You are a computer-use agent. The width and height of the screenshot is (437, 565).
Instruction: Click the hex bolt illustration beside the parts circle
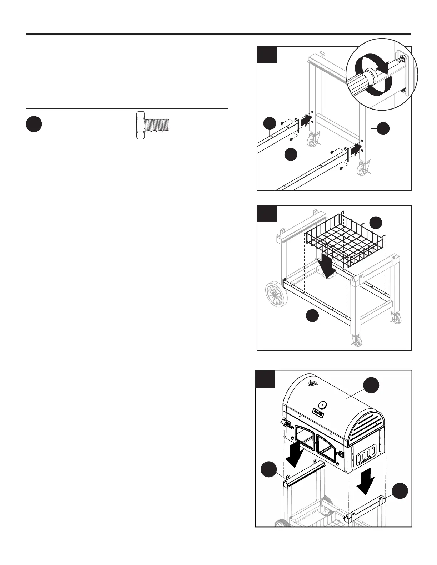pyautogui.click(x=153, y=124)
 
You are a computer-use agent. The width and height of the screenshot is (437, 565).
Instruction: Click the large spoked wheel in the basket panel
pyautogui.click(x=276, y=294)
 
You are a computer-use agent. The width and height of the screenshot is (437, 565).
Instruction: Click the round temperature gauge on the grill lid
pyautogui.click(x=322, y=404)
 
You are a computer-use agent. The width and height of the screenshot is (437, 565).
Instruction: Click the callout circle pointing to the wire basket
pyautogui.click(x=376, y=223)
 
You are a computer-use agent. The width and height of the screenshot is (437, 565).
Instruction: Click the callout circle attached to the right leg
pyautogui.click(x=384, y=128)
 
